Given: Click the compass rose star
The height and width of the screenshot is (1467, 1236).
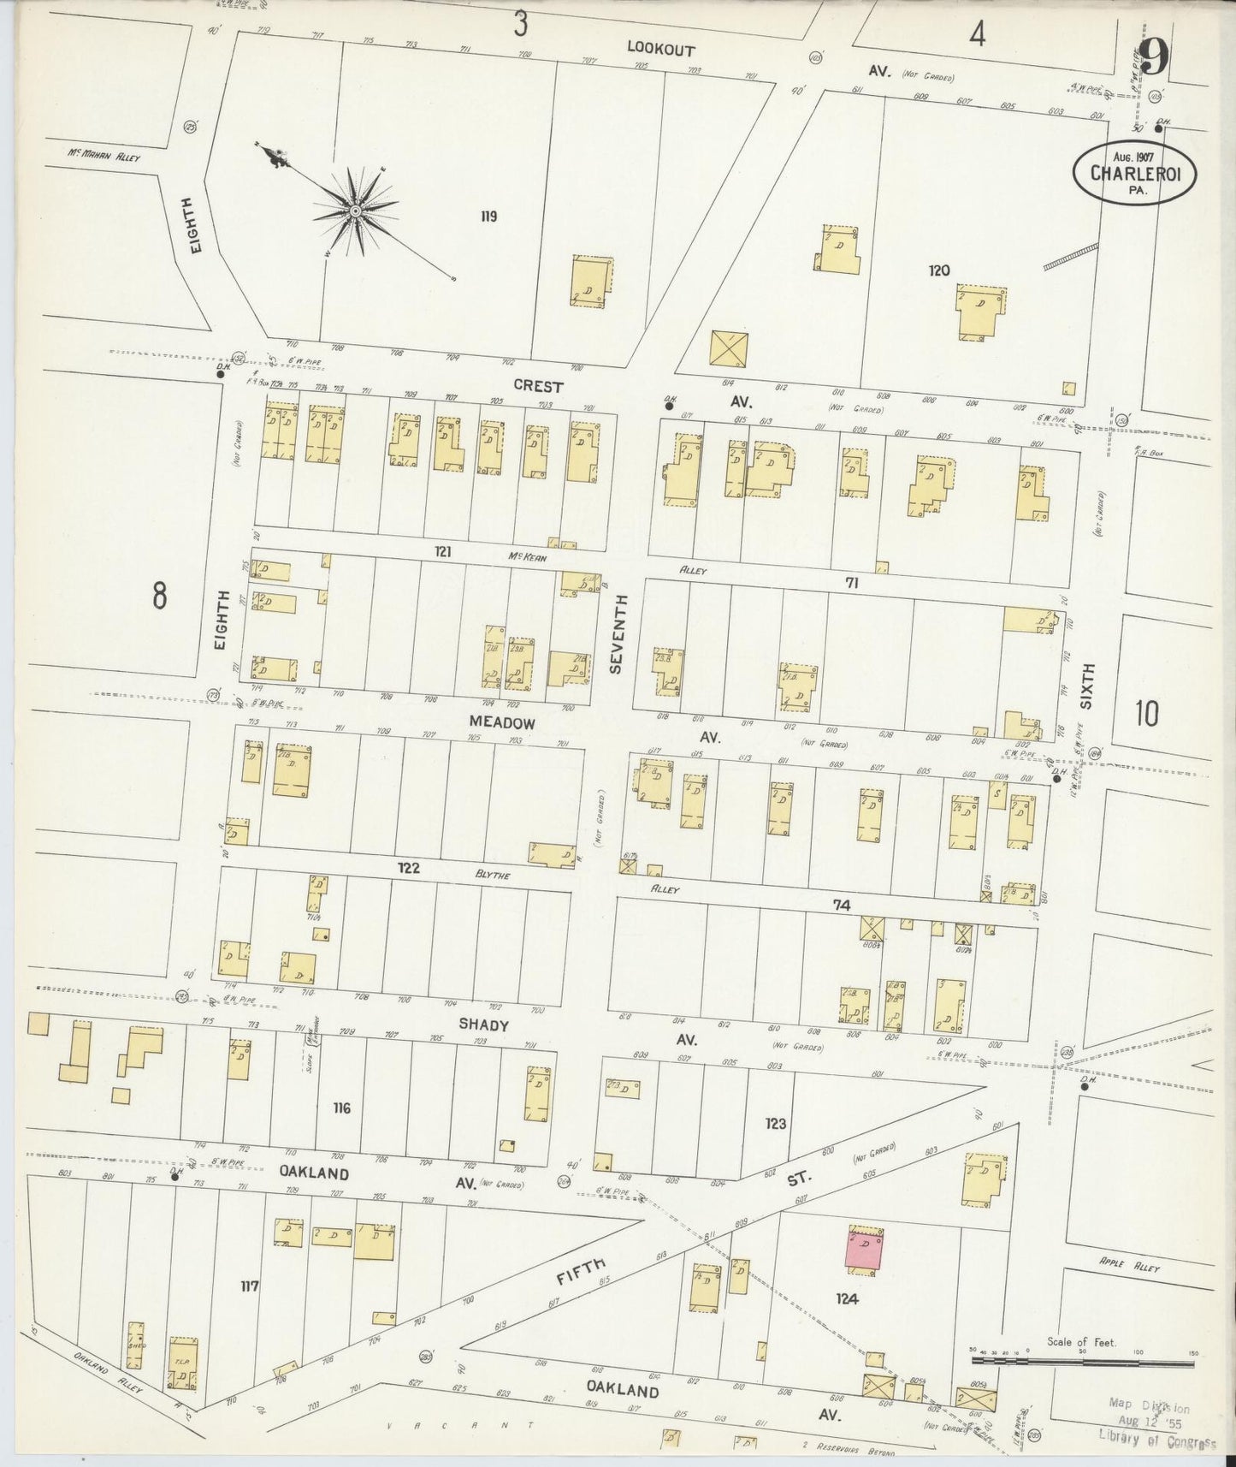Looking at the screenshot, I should (x=354, y=210).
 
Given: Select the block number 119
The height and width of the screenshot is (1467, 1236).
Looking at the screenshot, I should (x=488, y=217).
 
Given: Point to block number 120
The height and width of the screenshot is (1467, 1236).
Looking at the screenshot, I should (x=939, y=270).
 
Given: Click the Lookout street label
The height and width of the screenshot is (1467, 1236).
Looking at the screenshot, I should (x=660, y=50).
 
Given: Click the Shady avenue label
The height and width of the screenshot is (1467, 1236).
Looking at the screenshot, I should (x=483, y=1025).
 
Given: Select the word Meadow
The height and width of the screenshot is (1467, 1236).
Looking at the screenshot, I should (x=502, y=722).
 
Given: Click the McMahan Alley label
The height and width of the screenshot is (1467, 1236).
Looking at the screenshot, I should (x=104, y=156).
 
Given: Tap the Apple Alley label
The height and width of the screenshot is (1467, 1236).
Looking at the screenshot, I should (x=1129, y=1265).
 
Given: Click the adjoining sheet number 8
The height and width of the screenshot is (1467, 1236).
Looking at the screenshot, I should (x=159, y=595).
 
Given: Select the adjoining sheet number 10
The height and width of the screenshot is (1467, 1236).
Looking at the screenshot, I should (x=1147, y=712).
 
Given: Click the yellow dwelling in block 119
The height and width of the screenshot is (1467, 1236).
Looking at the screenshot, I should (x=592, y=279).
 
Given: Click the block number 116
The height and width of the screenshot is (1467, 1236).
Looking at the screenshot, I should (x=342, y=1108).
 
